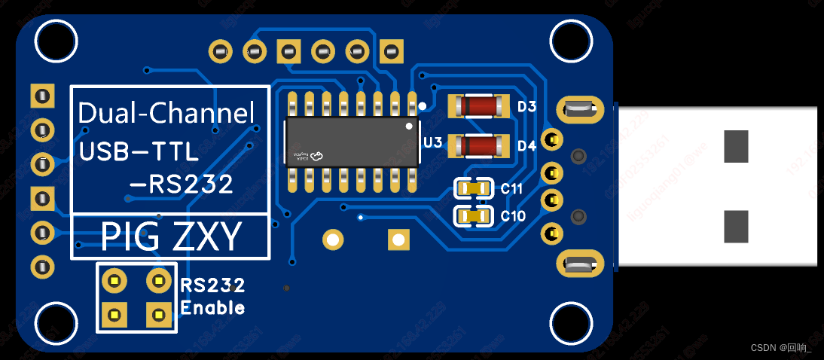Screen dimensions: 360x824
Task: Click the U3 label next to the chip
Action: (x=432, y=142)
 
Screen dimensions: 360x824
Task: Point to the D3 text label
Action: (x=526, y=107)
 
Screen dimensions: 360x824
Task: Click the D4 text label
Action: (x=526, y=145)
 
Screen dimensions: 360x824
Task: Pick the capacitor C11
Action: (x=475, y=188)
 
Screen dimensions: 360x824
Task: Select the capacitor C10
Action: (x=475, y=217)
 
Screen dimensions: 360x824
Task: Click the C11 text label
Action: (x=512, y=189)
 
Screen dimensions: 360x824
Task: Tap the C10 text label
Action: (x=513, y=217)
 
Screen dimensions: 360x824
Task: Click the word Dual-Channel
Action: (x=166, y=114)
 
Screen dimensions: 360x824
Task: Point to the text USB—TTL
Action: (x=139, y=151)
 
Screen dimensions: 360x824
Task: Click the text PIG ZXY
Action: (x=171, y=237)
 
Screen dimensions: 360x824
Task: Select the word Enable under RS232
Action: (x=213, y=307)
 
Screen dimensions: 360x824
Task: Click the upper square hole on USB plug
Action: (x=736, y=146)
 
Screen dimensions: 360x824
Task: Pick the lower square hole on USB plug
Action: (x=736, y=227)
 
